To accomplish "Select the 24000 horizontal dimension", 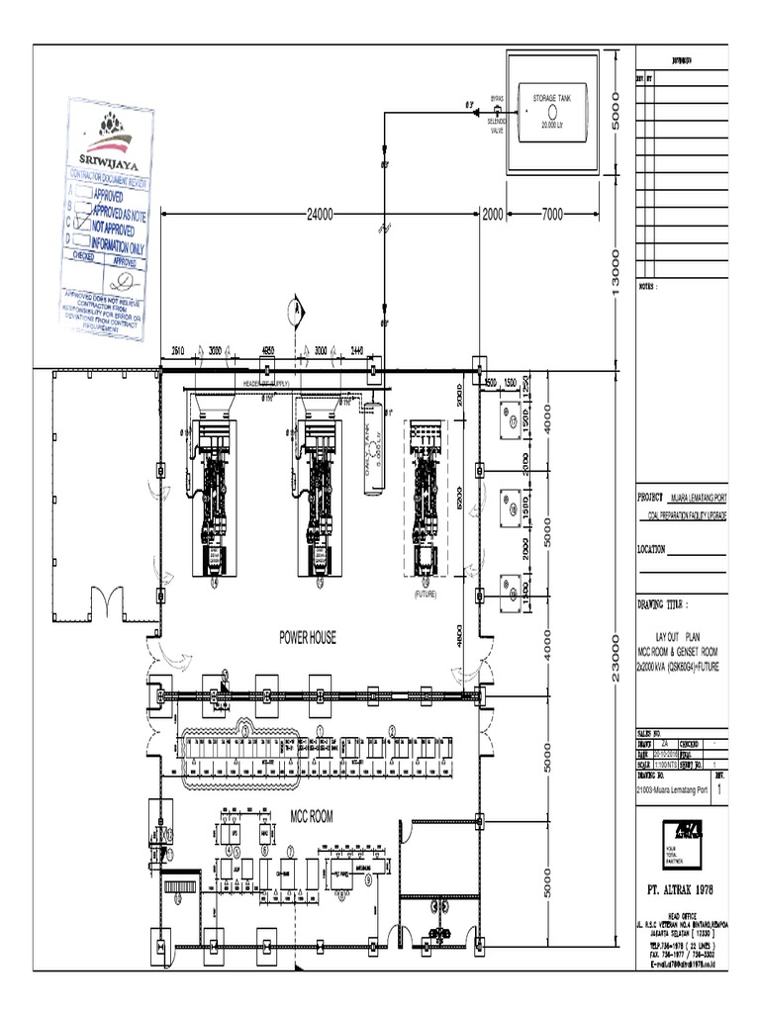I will pos(320,215).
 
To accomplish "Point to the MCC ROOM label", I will pos(312,817).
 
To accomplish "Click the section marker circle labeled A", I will pos(293,307).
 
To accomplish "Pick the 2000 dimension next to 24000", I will pos(493,215).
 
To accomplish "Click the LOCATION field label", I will pos(659,549).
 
